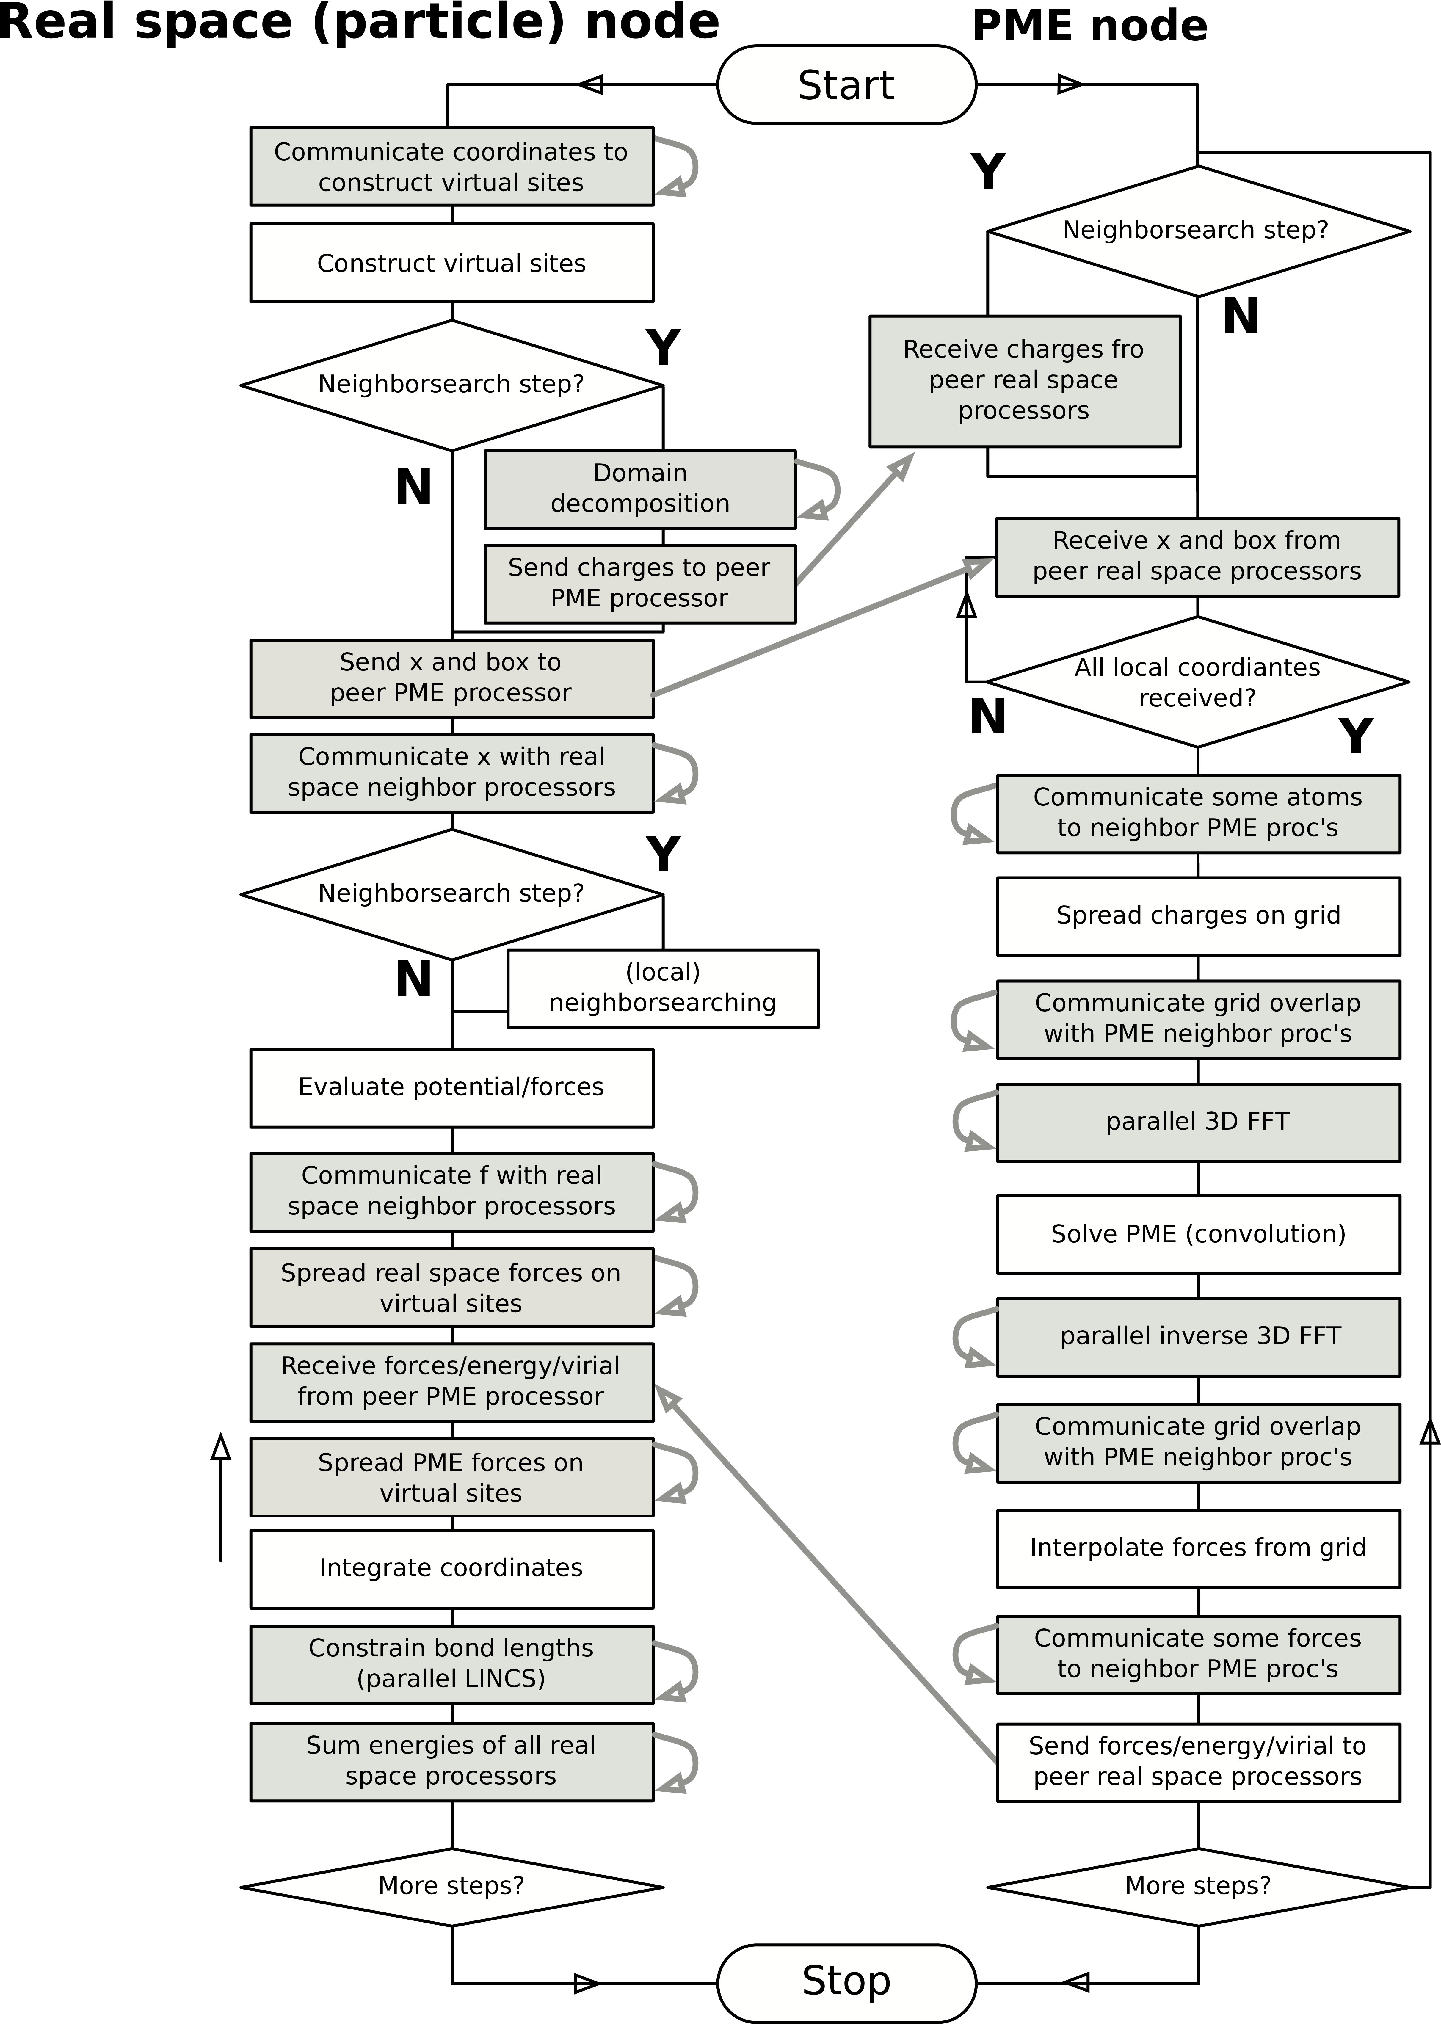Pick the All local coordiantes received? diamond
tap(1197, 681)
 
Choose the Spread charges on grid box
tap(1198, 916)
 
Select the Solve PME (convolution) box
tap(1198, 1234)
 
